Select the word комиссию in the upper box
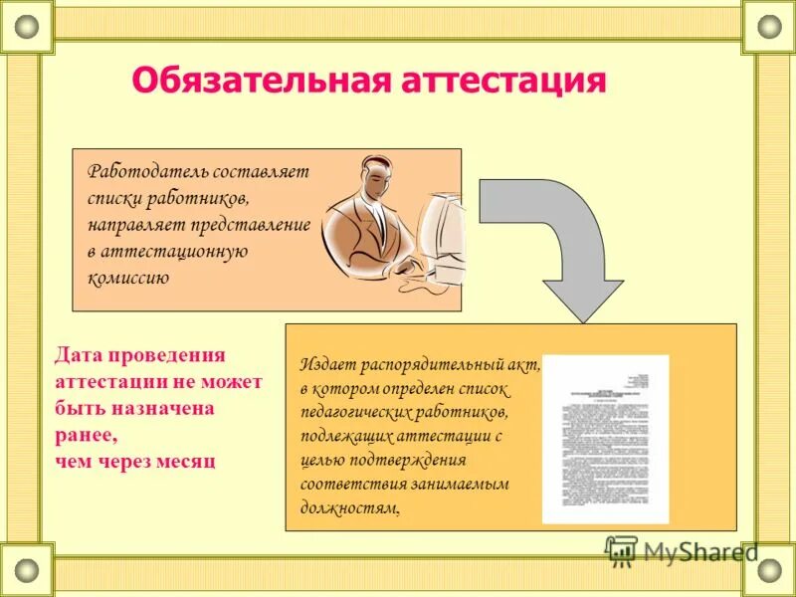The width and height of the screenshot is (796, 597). tap(128, 279)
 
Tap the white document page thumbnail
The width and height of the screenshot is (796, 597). tap(605, 439)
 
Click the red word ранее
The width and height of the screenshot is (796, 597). tap(85, 435)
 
